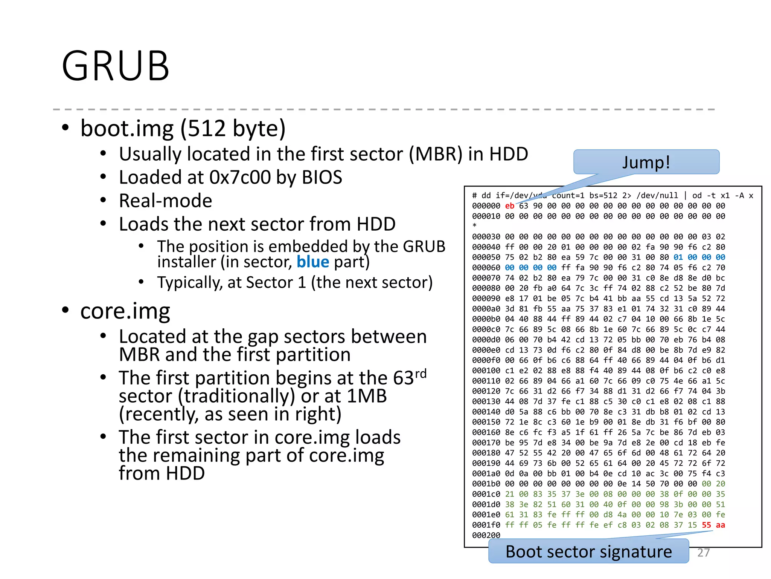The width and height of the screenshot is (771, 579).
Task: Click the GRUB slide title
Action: pyautogui.click(x=115, y=66)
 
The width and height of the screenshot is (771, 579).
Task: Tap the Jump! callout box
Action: pyautogui.click(x=646, y=162)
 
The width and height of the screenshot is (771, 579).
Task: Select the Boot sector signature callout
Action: pyautogui.click(x=588, y=552)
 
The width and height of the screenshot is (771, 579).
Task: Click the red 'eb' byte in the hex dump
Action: pyautogui.click(x=510, y=206)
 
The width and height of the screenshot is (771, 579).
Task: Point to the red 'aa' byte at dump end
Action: pyautogui.click(x=720, y=525)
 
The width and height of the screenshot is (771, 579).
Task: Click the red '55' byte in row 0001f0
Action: pyautogui.click(x=706, y=525)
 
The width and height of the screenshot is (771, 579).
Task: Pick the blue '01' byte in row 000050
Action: pyautogui.click(x=678, y=257)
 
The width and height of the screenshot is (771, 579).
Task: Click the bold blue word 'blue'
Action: pyautogui.click(x=312, y=262)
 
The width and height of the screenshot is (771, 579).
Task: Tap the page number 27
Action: pyautogui.click(x=703, y=553)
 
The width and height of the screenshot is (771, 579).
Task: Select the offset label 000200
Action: pyautogui.click(x=486, y=535)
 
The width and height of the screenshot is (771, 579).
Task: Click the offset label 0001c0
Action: pyautogui.click(x=486, y=494)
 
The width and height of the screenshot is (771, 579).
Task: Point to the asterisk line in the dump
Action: pyautogui.click(x=475, y=226)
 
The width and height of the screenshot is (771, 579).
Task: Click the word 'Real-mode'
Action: pyautogui.click(x=165, y=201)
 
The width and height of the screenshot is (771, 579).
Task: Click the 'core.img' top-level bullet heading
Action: pyautogui.click(x=125, y=311)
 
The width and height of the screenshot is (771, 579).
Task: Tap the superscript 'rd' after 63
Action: pyautogui.click(x=421, y=373)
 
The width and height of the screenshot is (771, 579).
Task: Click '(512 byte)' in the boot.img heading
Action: pyautogui.click(x=233, y=128)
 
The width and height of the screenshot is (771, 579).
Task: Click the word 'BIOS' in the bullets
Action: pyautogui.click(x=322, y=177)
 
